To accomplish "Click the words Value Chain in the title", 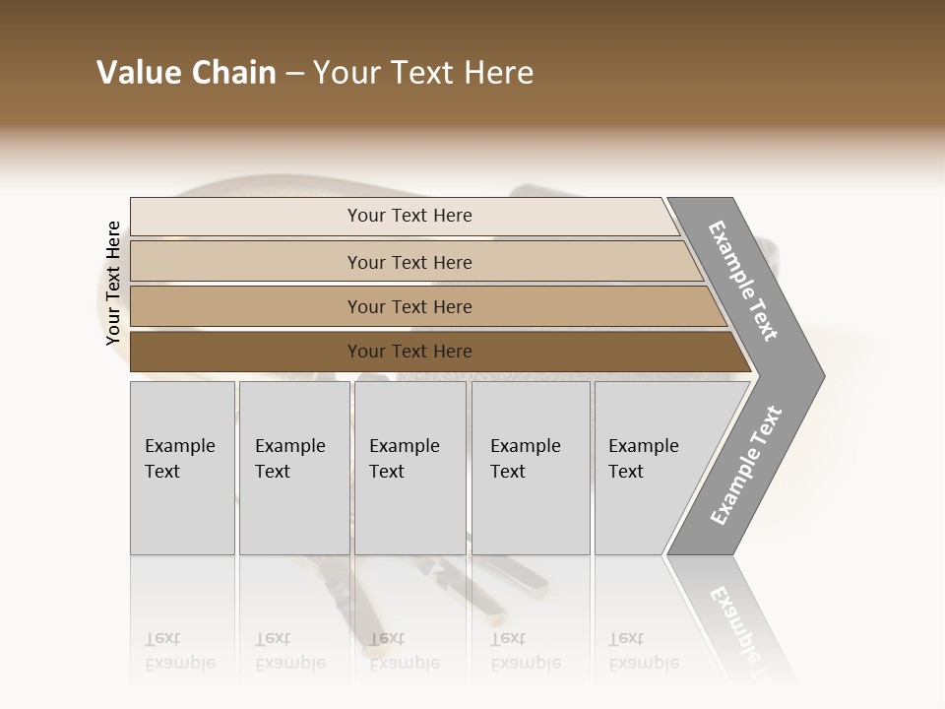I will point(186,73).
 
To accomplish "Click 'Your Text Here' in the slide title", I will point(423,73).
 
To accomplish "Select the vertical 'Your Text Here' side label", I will point(113,284).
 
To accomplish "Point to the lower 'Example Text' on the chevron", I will point(745,466).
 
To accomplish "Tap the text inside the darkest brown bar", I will point(409,352).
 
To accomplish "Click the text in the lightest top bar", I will point(409,216).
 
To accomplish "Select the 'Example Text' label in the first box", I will point(179,459).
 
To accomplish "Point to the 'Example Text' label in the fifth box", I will point(643,459).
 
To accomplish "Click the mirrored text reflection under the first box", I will point(179,652).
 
